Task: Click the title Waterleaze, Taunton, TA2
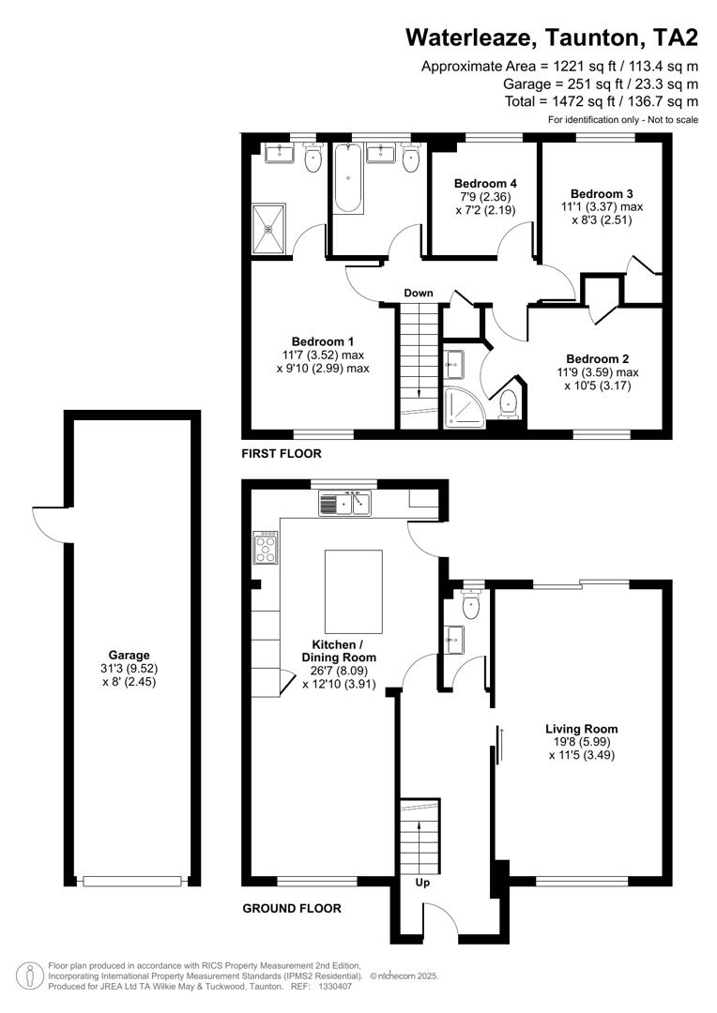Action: tap(552, 37)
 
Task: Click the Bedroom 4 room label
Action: tap(485, 183)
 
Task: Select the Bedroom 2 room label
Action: tap(597, 358)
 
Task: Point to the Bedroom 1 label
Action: tap(322, 340)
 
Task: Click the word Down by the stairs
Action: tap(419, 293)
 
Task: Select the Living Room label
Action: tap(582, 728)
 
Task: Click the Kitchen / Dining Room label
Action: tap(343, 651)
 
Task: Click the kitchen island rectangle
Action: tap(354, 592)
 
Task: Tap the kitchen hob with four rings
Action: tap(265, 547)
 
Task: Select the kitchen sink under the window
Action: tap(345, 505)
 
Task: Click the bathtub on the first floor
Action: tap(347, 178)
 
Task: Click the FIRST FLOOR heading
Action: tap(282, 453)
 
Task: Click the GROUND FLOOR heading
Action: tap(292, 908)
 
